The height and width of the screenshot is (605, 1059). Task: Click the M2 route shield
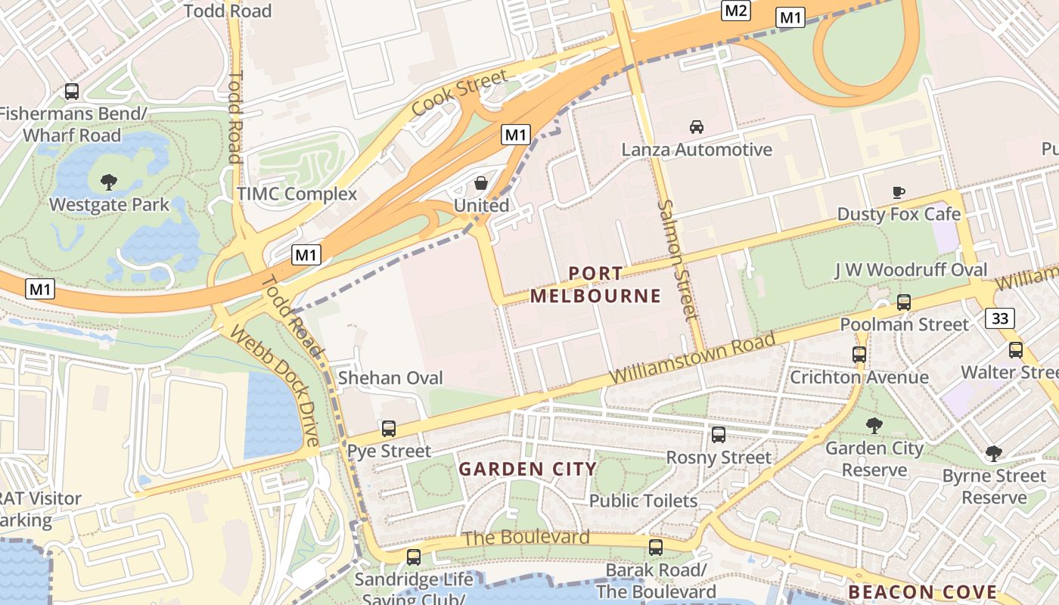(735, 11)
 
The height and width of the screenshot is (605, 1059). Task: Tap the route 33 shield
(1000, 318)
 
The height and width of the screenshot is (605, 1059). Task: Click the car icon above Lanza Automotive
(697, 127)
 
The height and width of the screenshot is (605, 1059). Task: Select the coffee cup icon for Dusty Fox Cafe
(899, 192)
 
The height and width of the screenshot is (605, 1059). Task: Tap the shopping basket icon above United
(481, 183)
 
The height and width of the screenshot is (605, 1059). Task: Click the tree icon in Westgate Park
(109, 181)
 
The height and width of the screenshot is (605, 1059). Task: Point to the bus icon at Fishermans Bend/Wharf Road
(72, 92)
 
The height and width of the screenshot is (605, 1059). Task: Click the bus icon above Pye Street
(389, 429)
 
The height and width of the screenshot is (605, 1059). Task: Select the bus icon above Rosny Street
(719, 435)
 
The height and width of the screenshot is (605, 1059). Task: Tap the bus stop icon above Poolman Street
(903, 302)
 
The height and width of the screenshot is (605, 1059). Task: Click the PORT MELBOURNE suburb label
(595, 284)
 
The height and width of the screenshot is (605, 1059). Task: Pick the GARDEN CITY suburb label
(528, 469)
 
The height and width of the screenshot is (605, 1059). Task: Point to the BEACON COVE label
(922, 591)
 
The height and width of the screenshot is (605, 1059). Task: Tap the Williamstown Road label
(692, 358)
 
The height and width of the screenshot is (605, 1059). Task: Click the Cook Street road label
(459, 94)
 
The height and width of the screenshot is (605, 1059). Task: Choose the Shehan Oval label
(390, 377)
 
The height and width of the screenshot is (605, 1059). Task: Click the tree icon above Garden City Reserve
(874, 426)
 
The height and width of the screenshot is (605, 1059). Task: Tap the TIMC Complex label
(297, 194)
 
